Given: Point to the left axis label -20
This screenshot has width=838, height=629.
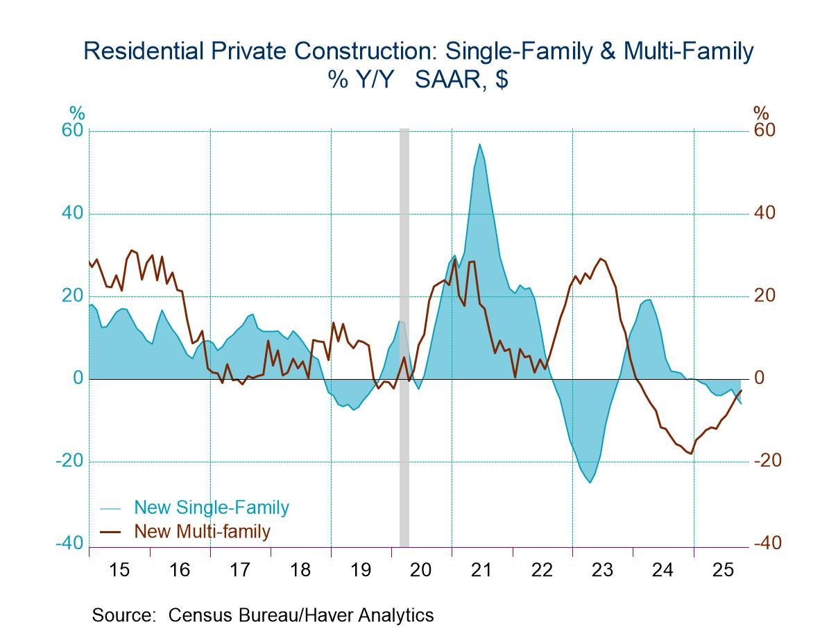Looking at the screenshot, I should coord(70,462).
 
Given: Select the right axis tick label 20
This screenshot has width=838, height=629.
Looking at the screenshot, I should coord(764,296).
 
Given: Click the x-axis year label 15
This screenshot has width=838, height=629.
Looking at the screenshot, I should coord(119,570).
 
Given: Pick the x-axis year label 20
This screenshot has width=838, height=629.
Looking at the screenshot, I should coord(421,570).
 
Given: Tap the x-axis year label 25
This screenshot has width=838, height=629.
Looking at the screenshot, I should coord(723,570).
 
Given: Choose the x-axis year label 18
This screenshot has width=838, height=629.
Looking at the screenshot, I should coord(300,570).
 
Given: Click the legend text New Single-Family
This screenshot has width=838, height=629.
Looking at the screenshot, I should coord(212,508).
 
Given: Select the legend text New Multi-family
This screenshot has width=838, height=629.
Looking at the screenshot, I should coord(202,532).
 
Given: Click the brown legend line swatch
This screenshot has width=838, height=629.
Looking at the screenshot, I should coord(112,532).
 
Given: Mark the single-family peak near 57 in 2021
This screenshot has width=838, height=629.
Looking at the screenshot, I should coord(479,144).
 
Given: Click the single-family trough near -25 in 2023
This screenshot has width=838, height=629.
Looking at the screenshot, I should coord(590,482).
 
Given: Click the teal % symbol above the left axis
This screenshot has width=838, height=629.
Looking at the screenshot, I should coord(76,112).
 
